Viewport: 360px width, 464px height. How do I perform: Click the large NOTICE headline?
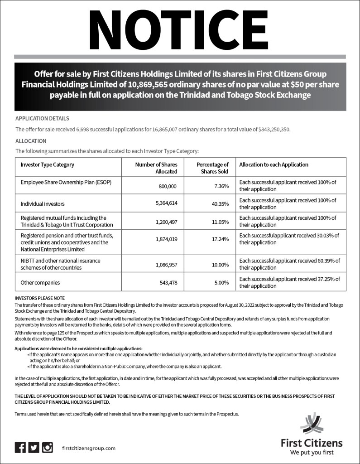(180, 28)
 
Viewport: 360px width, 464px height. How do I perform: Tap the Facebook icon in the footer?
(20, 447)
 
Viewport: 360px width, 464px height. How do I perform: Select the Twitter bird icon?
(34, 447)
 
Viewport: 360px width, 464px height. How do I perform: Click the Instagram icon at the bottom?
(48, 447)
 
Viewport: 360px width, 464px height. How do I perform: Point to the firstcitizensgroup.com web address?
(88, 448)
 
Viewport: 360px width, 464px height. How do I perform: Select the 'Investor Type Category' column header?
(48, 164)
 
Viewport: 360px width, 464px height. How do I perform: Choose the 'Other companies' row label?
(40, 282)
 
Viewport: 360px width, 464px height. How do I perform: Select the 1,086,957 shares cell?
(162, 264)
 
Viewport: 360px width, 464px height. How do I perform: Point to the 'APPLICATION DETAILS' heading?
(42, 119)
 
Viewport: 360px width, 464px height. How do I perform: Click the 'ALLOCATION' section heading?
(31, 141)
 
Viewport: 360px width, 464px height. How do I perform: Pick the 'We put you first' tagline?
(312, 452)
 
